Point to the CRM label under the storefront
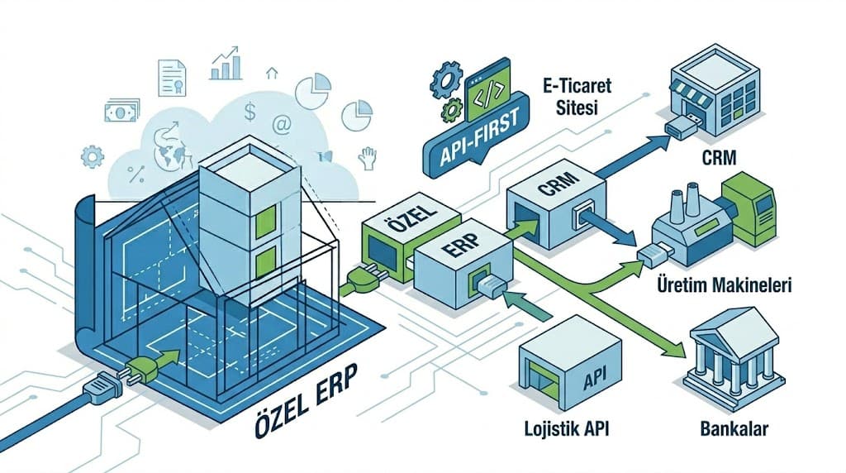click(x=716, y=156)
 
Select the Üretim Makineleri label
click(x=724, y=286)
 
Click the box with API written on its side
click(x=570, y=364)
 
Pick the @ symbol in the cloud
click(x=281, y=125)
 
